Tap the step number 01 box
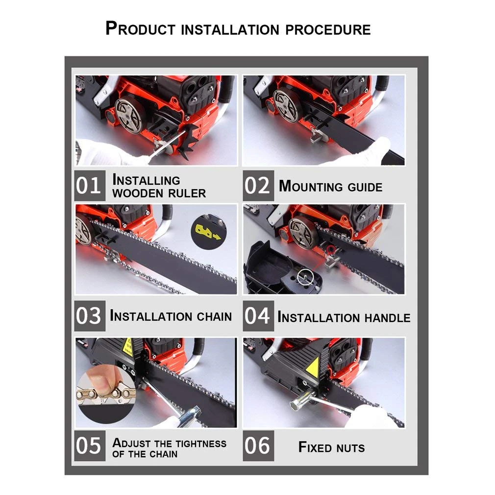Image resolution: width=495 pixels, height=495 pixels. pos(90,186)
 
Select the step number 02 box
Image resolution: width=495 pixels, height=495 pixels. pos(258,186)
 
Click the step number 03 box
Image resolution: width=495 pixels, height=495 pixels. pos(90,316)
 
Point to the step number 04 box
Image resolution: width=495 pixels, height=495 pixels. pos(258,316)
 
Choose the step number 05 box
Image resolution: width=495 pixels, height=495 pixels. pos(90,446)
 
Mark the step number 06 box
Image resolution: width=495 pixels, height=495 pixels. pos(258,446)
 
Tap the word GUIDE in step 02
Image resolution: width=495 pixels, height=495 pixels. pos(365,187)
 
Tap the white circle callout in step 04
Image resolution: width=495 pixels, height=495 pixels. pos(306,277)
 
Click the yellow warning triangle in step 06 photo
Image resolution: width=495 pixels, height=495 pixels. pos(313,367)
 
